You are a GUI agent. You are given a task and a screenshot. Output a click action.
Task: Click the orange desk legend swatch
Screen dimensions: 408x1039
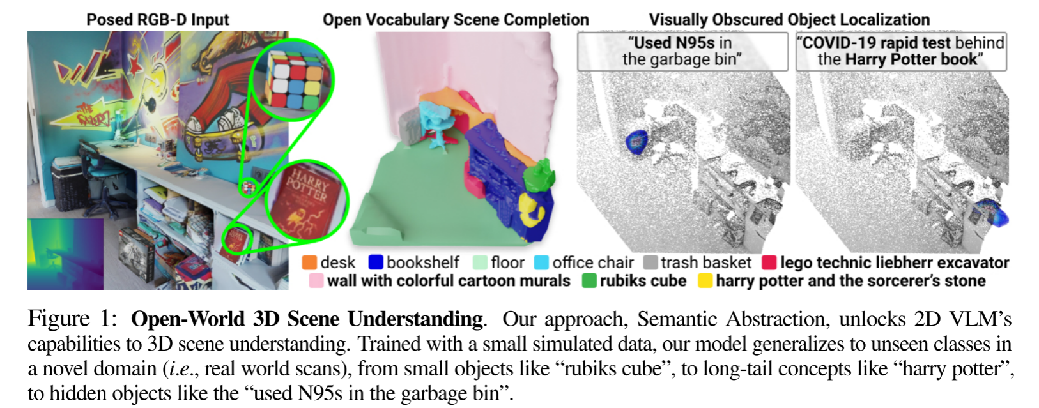click(x=310, y=262)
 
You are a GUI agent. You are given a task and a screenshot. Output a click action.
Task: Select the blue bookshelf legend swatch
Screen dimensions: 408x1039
click(x=376, y=262)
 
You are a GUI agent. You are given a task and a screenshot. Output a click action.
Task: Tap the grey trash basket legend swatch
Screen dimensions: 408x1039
click(x=650, y=262)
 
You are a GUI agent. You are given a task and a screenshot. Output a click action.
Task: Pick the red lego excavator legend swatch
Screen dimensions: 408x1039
click(x=769, y=262)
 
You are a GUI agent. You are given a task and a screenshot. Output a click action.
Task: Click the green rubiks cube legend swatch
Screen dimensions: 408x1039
click(x=589, y=281)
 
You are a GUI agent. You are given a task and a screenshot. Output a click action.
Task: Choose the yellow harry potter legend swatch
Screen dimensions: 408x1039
click(x=705, y=281)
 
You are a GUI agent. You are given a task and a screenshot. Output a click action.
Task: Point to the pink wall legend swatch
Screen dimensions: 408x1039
click(x=316, y=281)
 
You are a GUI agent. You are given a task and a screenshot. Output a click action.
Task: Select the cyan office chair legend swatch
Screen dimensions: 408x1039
click(x=541, y=262)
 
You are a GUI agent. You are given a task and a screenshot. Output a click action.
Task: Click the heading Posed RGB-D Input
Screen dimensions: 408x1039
click(x=158, y=20)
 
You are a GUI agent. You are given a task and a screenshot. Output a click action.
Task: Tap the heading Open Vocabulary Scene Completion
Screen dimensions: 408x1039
click(x=456, y=20)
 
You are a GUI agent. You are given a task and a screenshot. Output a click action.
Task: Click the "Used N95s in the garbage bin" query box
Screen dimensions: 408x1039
click(x=682, y=51)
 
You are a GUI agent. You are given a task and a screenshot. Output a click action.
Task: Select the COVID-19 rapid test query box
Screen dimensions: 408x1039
click(x=901, y=51)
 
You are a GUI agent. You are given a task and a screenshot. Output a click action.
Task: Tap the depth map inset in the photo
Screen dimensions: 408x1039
click(x=65, y=253)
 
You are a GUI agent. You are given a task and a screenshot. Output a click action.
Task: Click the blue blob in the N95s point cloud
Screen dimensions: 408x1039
click(x=636, y=141)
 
